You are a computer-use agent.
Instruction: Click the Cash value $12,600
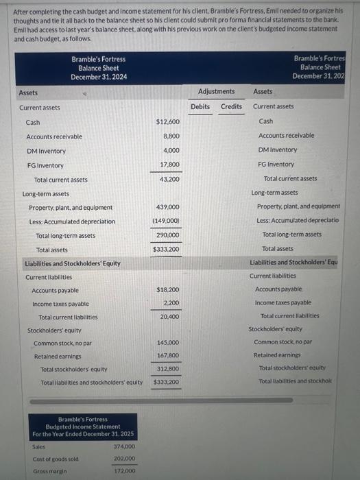point(168,122)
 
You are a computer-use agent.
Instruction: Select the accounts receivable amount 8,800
point(171,136)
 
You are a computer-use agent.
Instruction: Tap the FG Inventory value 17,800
point(169,165)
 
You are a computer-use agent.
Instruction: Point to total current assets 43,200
point(169,179)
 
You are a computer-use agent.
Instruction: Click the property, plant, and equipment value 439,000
point(168,207)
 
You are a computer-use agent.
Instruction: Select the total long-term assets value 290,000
point(168,235)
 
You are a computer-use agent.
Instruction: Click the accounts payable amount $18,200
point(168,290)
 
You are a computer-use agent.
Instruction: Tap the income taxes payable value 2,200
point(171,302)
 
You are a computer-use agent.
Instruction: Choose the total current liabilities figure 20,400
point(169,317)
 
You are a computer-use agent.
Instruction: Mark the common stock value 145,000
point(168,342)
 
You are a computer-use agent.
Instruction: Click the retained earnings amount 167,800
point(168,355)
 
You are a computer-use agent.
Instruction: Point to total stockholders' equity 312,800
point(168,368)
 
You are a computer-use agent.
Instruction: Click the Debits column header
point(200,106)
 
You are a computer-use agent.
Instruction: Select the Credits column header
point(231,106)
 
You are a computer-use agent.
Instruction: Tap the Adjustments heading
point(216,91)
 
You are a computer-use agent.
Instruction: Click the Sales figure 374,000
point(123,446)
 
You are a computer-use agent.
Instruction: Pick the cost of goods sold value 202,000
point(123,458)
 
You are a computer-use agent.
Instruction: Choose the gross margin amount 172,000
point(123,471)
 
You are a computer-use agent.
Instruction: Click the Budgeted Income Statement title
point(84,426)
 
